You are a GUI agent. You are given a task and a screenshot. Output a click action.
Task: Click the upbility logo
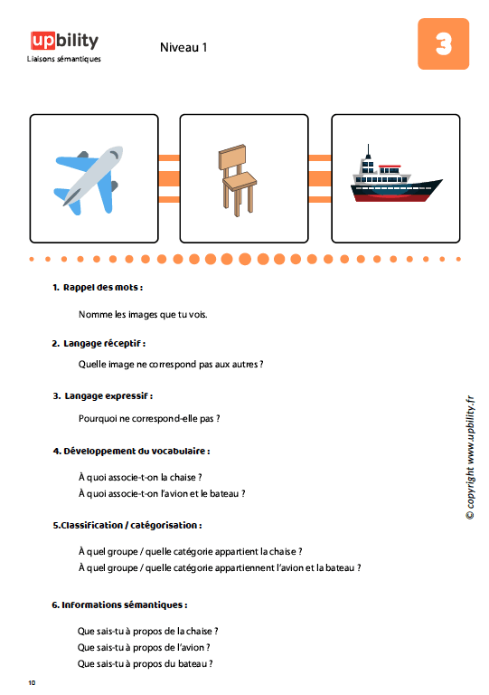pyautogui.click(x=64, y=41)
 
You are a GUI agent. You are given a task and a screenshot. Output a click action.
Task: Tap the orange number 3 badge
pyautogui.click(x=443, y=43)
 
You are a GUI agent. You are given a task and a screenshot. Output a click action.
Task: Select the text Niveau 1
pyautogui.click(x=183, y=47)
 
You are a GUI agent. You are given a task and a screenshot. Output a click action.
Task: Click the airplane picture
pyautogui.click(x=89, y=180)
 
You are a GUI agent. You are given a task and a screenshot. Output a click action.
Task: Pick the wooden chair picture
pyautogui.click(x=237, y=180)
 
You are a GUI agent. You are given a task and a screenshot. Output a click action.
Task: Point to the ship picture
pyautogui.click(x=396, y=175)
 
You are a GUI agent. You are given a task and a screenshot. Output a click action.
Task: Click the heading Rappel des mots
pyautogui.click(x=98, y=287)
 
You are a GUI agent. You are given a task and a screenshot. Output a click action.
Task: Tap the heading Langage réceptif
pyautogui.click(x=99, y=344)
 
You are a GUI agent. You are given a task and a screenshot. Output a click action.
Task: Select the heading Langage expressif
pyautogui.click(x=103, y=395)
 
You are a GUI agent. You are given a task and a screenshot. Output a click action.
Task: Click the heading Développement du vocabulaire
pyautogui.click(x=131, y=452)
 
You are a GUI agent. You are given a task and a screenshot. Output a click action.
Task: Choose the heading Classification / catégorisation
pyautogui.click(x=127, y=525)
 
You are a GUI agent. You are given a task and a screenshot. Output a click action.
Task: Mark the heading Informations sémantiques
pyautogui.click(x=119, y=605)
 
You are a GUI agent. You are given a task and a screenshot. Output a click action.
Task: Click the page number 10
pyautogui.click(x=32, y=682)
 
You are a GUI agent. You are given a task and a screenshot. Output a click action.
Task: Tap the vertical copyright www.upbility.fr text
pyautogui.click(x=470, y=457)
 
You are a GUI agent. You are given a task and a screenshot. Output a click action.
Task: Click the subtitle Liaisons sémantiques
pyautogui.click(x=64, y=59)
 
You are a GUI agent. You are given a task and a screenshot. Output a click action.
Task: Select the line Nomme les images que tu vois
pyautogui.click(x=143, y=315)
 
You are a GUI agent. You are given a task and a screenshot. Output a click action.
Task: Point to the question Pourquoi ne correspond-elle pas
pyautogui.click(x=149, y=418)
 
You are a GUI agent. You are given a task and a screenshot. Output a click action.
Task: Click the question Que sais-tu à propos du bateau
pyautogui.click(x=145, y=663)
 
